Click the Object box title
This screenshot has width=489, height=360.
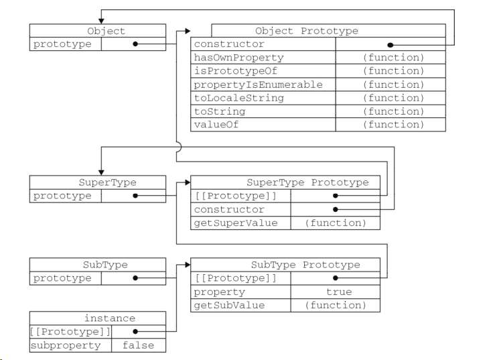[x=107, y=31]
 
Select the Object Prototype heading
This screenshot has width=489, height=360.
[x=307, y=31]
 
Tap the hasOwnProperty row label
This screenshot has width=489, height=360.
[x=239, y=58]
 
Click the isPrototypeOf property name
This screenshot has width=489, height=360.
[x=235, y=71]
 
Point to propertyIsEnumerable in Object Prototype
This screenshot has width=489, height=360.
[x=258, y=84]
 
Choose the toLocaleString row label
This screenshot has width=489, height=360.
[x=239, y=98]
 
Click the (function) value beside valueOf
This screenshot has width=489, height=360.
[x=394, y=125]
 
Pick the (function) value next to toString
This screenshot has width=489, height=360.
[x=394, y=111]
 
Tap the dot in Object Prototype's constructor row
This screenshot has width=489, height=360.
[x=390, y=46]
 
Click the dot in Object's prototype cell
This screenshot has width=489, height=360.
[x=135, y=44]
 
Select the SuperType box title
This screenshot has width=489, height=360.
[x=108, y=182]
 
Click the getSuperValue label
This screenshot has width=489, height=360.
[x=236, y=223]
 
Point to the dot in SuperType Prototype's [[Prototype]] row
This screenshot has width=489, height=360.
[x=335, y=196]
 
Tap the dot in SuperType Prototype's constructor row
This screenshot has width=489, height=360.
[x=335, y=209]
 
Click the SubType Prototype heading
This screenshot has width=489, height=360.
[x=305, y=265]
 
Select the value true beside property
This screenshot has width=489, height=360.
[x=339, y=292]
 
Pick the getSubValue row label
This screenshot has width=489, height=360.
[x=229, y=305]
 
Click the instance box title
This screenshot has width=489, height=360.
[x=110, y=318]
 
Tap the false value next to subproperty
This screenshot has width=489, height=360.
[x=138, y=345]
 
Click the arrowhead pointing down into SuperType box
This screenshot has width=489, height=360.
[x=101, y=173]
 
